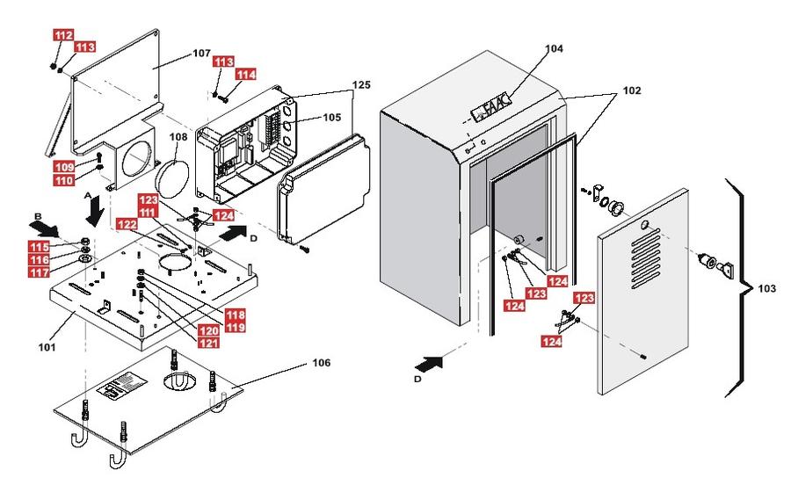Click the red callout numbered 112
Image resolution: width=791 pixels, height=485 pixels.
click(63, 35)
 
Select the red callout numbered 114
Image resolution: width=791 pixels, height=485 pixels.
click(246, 74)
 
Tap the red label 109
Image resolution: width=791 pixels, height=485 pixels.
click(64, 167)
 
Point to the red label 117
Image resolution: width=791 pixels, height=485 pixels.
click(39, 272)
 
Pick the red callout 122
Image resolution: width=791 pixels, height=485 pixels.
click(127, 224)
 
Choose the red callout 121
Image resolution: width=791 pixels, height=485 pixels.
click(208, 343)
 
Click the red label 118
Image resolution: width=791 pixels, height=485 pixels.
click(235, 315)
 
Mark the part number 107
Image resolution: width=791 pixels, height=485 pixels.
click(201, 53)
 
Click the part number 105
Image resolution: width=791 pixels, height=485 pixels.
click(331, 117)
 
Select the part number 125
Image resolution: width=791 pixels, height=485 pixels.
click(361, 84)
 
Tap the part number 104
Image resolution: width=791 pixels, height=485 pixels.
click(554, 48)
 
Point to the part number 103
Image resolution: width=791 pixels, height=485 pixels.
click(766, 288)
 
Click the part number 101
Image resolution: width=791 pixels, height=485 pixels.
click(47, 347)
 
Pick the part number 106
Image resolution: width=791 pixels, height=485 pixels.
click(322, 363)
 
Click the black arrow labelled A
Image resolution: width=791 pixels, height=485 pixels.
click(94, 212)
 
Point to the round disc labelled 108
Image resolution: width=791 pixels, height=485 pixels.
click(171, 177)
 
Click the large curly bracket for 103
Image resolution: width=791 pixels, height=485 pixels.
click(738, 288)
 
